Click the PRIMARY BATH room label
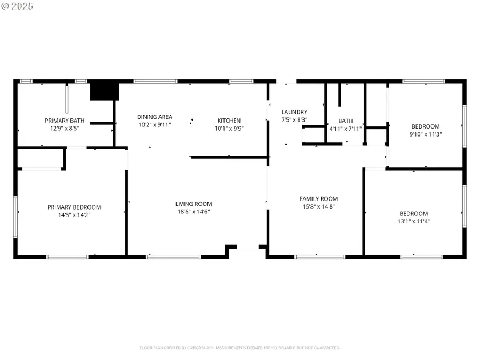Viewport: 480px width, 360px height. [64, 121]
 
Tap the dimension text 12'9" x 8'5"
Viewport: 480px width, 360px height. [64, 128]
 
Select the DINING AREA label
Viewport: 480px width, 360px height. [154, 117]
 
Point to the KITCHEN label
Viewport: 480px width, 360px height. [229, 121]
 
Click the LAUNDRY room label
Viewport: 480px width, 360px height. [294, 112]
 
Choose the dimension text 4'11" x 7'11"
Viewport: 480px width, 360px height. [345, 129]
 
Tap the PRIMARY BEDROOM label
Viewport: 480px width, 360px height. [74, 207]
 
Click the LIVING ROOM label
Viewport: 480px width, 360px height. [194, 204]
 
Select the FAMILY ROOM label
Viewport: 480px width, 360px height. [318, 199]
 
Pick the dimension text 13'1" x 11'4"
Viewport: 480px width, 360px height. [413, 221]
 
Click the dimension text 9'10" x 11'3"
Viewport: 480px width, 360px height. [426, 134]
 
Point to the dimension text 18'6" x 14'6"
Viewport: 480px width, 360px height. [194, 211]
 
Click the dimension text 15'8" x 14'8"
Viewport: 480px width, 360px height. [318, 206]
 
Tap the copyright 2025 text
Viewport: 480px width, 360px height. [18, 6]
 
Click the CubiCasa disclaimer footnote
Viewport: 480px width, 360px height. [239, 348]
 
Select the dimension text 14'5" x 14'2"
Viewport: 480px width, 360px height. [74, 215]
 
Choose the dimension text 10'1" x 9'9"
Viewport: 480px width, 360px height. [229, 128]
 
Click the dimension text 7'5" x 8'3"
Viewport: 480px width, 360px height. [294, 119]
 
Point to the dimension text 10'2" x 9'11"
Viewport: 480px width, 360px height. [154, 125]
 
